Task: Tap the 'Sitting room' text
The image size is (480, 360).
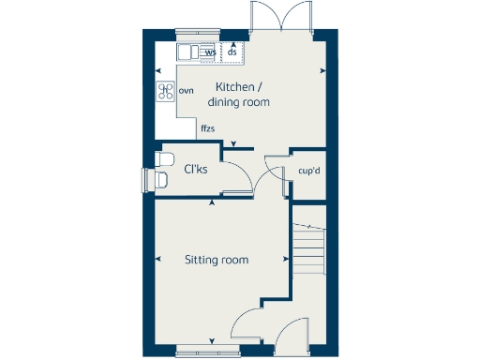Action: [x=216, y=260]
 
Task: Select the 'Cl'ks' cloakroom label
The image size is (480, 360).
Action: [x=195, y=170]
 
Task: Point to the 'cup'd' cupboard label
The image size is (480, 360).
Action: [x=307, y=172]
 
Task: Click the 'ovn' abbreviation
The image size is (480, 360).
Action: [x=187, y=90]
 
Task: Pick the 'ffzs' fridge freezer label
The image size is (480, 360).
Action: [x=207, y=127]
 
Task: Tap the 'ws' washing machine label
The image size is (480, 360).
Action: [x=210, y=52]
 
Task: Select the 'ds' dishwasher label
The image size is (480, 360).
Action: [x=232, y=52]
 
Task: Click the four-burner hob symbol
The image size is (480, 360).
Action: [x=166, y=91]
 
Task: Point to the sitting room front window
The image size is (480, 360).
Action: [x=208, y=352]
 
